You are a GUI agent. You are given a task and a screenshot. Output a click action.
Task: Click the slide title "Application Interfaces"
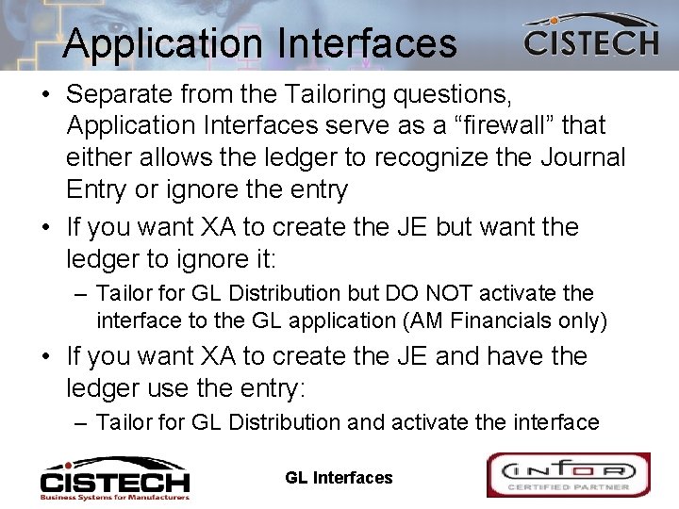coord(260,43)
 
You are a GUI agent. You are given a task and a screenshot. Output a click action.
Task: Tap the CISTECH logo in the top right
coord(590,39)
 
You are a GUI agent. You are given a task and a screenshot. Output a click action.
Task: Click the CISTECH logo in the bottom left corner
coord(114,476)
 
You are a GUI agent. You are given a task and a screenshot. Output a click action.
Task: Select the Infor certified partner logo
coord(568,474)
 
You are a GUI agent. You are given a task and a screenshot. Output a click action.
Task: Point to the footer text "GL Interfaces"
coord(339,478)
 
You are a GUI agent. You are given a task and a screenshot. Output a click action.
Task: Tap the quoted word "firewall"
coord(496,124)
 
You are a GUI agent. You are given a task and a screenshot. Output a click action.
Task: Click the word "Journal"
coord(583,156)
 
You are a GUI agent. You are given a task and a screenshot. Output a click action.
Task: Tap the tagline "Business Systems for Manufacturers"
coord(114,495)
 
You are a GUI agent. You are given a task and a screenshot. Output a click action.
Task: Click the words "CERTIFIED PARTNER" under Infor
coord(568,487)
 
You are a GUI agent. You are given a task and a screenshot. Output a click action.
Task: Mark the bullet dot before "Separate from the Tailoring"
coord(47,94)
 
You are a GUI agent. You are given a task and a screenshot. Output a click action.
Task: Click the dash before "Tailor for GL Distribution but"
coord(82,294)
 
